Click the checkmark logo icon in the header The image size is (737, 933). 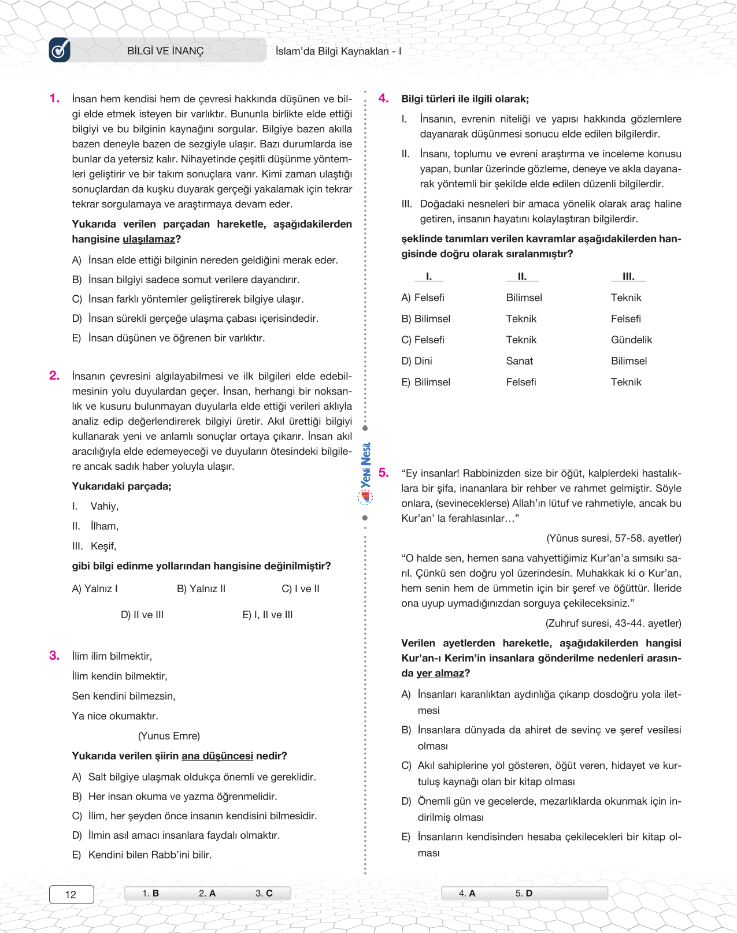pyautogui.click(x=60, y=50)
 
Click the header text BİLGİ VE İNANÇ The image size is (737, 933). pyautogui.click(x=165, y=51)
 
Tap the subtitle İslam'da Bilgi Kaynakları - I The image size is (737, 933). pyautogui.click(x=338, y=51)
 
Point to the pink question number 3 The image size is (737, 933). pyautogui.click(x=54, y=655)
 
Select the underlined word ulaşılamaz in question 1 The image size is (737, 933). pyautogui.click(x=149, y=239)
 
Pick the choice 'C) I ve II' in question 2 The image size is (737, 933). pyautogui.click(x=301, y=589)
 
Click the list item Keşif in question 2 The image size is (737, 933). pyautogui.click(x=103, y=546)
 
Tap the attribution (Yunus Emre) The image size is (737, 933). pyautogui.click(x=169, y=735)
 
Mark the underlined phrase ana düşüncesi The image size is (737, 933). pyautogui.click(x=217, y=756)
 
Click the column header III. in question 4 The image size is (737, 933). pyautogui.click(x=628, y=277)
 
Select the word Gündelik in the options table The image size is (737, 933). pyautogui.click(x=631, y=340)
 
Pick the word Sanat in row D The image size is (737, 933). pyautogui.click(x=520, y=361)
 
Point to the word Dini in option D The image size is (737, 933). pyautogui.click(x=423, y=361)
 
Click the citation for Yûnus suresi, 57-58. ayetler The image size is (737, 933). pyautogui.click(x=614, y=538)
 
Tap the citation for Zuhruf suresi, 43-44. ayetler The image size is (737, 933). pyautogui.click(x=613, y=623)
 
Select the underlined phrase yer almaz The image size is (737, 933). pyautogui.click(x=440, y=673)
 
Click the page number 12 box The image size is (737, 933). pyautogui.click(x=71, y=894)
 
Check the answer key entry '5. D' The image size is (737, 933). pyautogui.click(x=524, y=893)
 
